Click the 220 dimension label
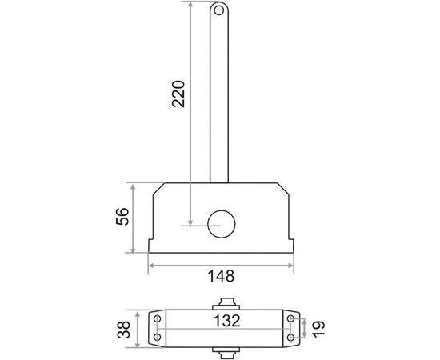pos(178,94)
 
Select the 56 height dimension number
pos(122,216)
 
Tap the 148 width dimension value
pos(221,276)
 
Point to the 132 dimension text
pos(227,321)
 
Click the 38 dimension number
pos(124,330)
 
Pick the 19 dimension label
pos(318,329)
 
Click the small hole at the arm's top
pos(218,10)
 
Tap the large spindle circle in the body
pos(221,224)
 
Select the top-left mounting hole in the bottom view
pos(158,318)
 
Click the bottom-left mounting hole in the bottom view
pos(158,337)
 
